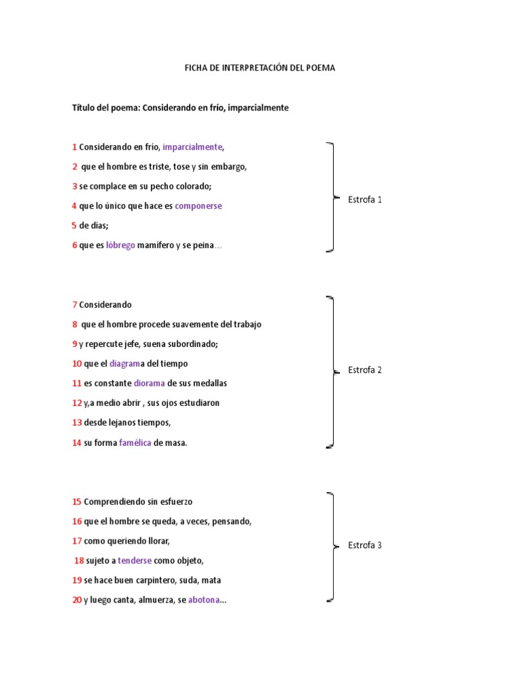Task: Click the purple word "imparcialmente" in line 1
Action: click(192, 147)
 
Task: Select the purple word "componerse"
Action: click(198, 206)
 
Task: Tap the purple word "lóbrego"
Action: click(121, 245)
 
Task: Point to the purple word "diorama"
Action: click(149, 384)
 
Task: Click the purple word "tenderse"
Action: click(135, 561)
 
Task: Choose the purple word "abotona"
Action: click(204, 600)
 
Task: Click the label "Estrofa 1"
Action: click(365, 200)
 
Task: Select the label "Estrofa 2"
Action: click(365, 370)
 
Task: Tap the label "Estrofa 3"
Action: click(365, 546)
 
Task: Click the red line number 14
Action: click(77, 443)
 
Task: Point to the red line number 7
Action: click(74, 305)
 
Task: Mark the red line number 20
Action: click(77, 600)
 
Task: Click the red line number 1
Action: click(74, 147)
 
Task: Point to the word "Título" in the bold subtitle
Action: click(84, 108)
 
